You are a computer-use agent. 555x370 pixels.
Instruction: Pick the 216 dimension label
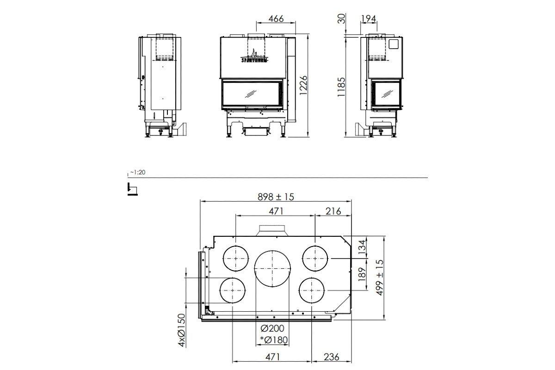point(333,211)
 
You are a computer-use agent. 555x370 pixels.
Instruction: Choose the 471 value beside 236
point(273,357)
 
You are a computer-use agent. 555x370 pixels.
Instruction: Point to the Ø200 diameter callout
point(272,329)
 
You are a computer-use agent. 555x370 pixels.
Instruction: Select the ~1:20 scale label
point(138,172)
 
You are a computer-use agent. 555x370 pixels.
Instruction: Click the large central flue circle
point(273,268)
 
